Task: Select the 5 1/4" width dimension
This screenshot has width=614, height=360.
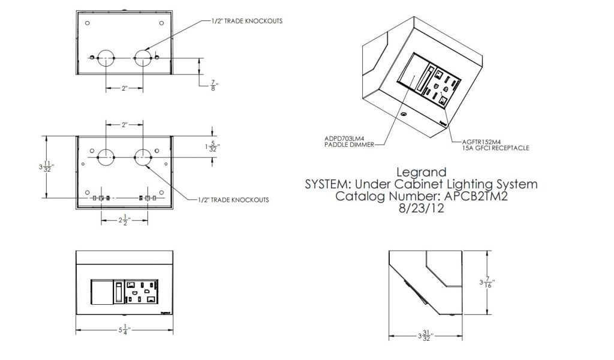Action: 125,329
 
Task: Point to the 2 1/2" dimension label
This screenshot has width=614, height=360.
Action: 124,220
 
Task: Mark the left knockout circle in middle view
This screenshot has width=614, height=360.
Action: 106,157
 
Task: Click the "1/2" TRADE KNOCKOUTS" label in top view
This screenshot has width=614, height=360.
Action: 246,20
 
